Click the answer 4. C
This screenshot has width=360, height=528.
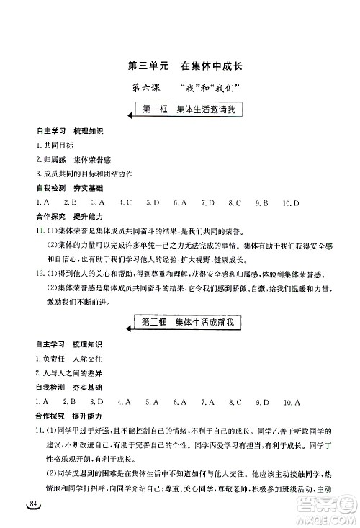click(125, 203)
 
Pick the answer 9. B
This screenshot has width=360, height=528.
click(260, 203)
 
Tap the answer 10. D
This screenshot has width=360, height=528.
click(290, 203)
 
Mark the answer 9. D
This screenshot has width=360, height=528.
click(260, 401)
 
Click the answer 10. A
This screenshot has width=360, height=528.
click(291, 401)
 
